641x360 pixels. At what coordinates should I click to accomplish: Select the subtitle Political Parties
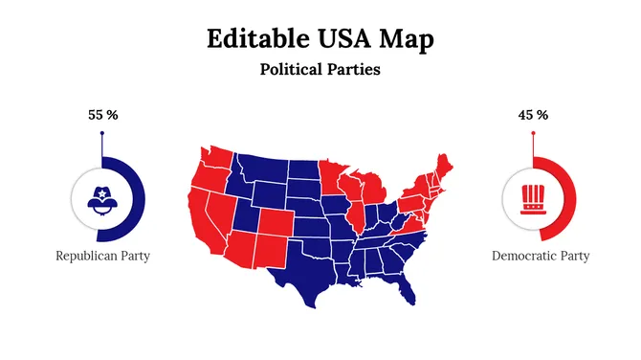(320, 70)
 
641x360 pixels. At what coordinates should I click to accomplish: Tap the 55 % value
(102, 115)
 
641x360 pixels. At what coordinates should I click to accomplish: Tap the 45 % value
(533, 115)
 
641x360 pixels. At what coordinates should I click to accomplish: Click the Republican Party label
(102, 256)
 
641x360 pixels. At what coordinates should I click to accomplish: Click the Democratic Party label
(541, 256)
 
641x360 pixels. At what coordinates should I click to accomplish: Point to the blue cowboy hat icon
(101, 198)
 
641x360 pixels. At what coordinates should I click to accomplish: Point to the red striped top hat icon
(532, 198)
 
